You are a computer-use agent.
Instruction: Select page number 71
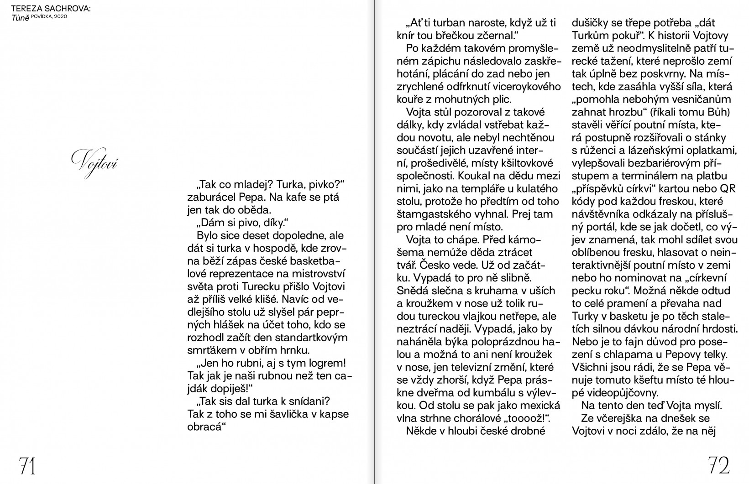coord(27,466)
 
